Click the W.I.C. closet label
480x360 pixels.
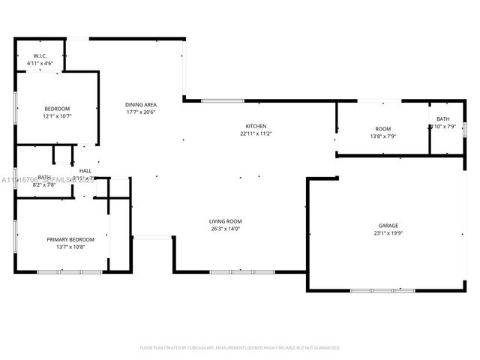pyautogui.click(x=40, y=56)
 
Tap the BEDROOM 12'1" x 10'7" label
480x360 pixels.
pyautogui.click(x=56, y=109)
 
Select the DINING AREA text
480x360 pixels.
pyautogui.click(x=140, y=104)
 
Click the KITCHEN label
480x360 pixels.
pyautogui.click(x=256, y=126)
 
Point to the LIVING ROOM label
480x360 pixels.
pyautogui.click(x=225, y=221)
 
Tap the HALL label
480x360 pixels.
pyautogui.click(x=85, y=171)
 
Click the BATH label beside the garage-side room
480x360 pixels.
pyautogui.click(x=443, y=119)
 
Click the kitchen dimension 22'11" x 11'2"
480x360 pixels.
pyautogui.click(x=256, y=133)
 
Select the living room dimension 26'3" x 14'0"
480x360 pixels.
pyautogui.click(x=225, y=229)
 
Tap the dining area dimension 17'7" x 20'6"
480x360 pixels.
pyautogui.click(x=140, y=112)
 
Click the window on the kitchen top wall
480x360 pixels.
pyautogui.click(x=222, y=100)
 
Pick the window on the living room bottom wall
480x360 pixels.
pyautogui.click(x=231, y=271)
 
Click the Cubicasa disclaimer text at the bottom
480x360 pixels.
pyautogui.click(x=240, y=347)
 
